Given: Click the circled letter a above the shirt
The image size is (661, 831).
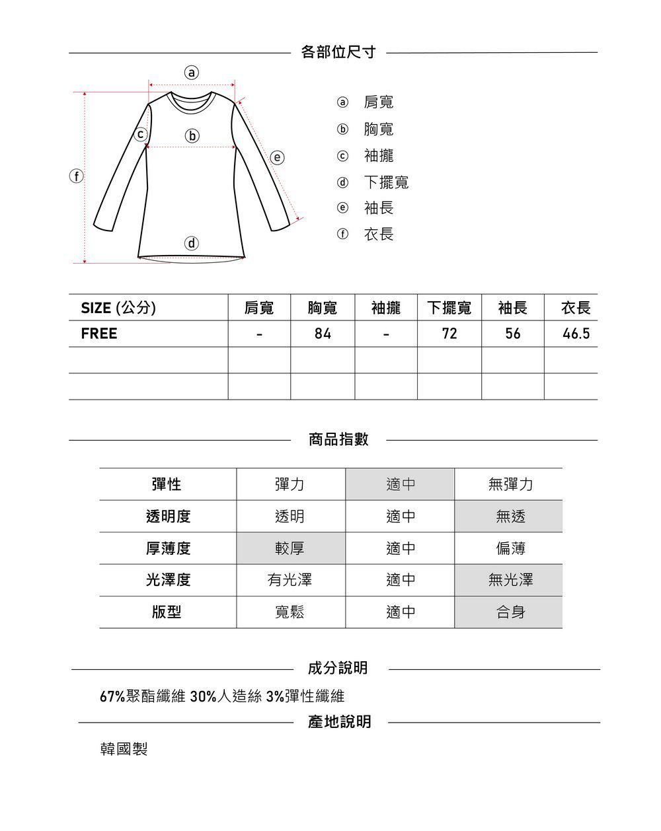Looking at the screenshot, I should pyautogui.click(x=191, y=73).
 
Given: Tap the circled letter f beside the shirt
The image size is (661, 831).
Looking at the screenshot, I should pyautogui.click(x=77, y=176).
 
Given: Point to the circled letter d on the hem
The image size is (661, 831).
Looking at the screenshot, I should pyautogui.click(x=191, y=244).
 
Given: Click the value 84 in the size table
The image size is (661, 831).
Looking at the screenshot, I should pyautogui.click(x=323, y=334).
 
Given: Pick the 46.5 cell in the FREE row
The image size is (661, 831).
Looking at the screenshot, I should pyautogui.click(x=576, y=334).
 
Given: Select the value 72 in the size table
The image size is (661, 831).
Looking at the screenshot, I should pyautogui.click(x=449, y=334).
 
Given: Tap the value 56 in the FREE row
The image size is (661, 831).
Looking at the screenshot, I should pyautogui.click(x=513, y=334).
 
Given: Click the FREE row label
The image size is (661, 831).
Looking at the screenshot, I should pyautogui.click(x=99, y=334).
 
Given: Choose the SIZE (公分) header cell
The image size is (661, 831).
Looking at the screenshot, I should pyautogui.click(x=118, y=308).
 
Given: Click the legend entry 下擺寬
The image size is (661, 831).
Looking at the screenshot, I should pyautogui.click(x=386, y=182).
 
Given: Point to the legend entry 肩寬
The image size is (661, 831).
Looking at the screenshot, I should pyautogui.click(x=379, y=102).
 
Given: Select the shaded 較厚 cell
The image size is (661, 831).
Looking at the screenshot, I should pyautogui.click(x=290, y=548).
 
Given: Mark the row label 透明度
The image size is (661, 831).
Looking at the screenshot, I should pyautogui.click(x=168, y=517).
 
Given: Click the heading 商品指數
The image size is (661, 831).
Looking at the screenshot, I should pyautogui.click(x=338, y=439).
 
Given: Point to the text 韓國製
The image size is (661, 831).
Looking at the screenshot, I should pyautogui.click(x=124, y=749).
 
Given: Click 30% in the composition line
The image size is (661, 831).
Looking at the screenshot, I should pyautogui.click(x=203, y=696).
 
